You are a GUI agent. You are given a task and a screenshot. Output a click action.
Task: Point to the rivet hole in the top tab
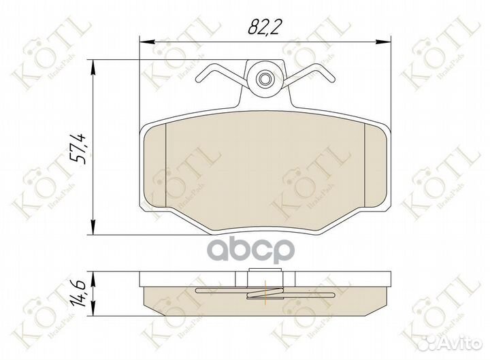264,80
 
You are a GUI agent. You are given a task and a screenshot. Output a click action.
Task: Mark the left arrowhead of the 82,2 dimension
144,42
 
